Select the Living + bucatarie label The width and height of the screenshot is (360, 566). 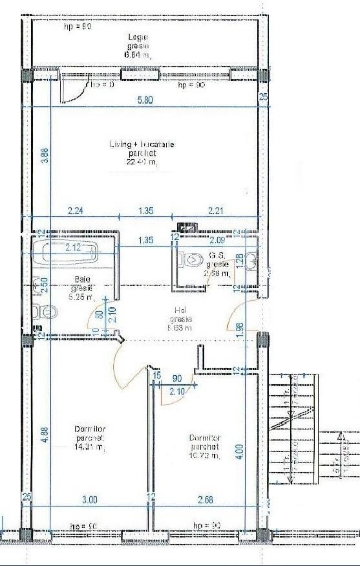[142, 144]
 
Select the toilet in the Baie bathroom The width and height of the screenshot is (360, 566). [45, 312]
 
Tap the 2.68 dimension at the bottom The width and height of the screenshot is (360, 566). [204, 499]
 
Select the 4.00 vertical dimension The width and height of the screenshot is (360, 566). [240, 448]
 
